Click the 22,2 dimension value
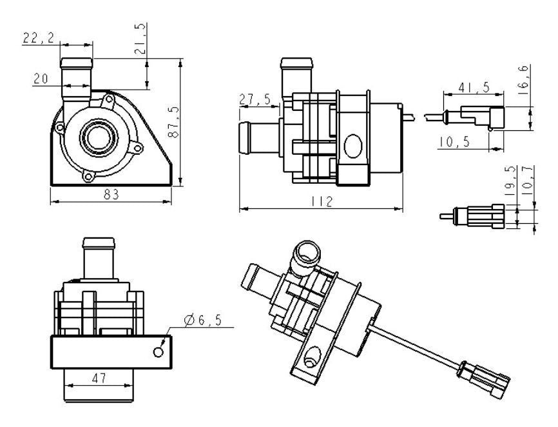[x=39, y=37]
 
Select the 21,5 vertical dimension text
[x=140, y=39]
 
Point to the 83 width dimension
[x=111, y=194]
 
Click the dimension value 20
[x=41, y=78]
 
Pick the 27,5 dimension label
[x=255, y=99]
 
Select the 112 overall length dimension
[x=322, y=202]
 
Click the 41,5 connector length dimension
[x=474, y=87]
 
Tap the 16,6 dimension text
[x=524, y=80]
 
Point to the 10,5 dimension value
[x=454, y=142]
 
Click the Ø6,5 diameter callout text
[x=203, y=321]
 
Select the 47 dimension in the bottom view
[x=99, y=378]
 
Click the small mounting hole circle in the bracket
[x=159, y=352]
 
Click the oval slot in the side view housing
[x=352, y=146]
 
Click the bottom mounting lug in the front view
[x=88, y=177]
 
